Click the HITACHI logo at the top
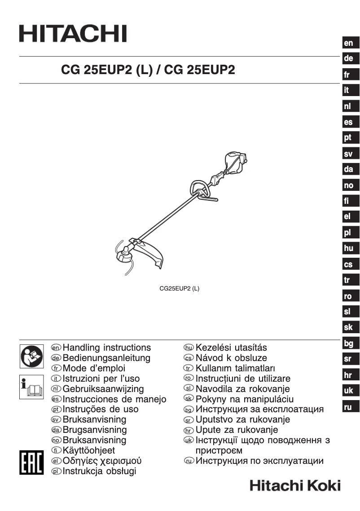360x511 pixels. pyautogui.click(x=73, y=34)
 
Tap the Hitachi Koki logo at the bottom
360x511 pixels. pyautogui.click(x=295, y=485)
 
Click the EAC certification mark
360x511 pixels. pyautogui.click(x=31, y=461)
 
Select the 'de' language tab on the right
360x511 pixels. pyautogui.click(x=348, y=58)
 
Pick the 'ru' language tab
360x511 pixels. pyautogui.click(x=347, y=407)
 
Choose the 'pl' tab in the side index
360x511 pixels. pyautogui.click(x=347, y=233)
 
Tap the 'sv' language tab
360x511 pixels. pyautogui.click(x=348, y=154)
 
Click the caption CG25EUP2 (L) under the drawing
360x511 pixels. pyautogui.click(x=180, y=289)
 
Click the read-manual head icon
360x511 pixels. pyautogui.click(x=31, y=355)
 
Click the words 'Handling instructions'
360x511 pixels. pyautogui.click(x=107, y=348)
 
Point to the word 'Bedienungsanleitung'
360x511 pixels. pyautogui.click(x=106, y=358)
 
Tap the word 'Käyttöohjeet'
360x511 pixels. pyautogui.click(x=89, y=450)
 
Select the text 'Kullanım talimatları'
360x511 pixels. pyautogui.click(x=232, y=368)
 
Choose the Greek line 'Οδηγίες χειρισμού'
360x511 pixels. pyautogui.click(x=102, y=461)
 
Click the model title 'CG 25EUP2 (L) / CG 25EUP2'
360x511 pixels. pyautogui.click(x=148, y=70)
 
